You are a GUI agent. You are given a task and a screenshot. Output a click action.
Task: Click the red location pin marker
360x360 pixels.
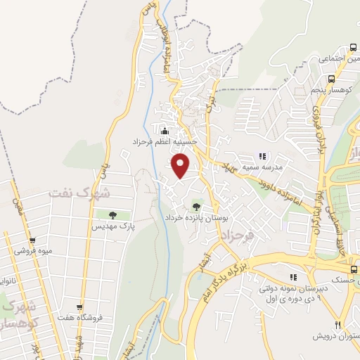pos(181,165)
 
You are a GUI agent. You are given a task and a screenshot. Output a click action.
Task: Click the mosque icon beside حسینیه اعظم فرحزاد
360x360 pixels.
pos(165,131)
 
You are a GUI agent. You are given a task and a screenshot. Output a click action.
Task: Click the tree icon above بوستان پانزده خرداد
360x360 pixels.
pos(195,206)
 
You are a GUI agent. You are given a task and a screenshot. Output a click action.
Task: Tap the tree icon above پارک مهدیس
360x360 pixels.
pos(112,214)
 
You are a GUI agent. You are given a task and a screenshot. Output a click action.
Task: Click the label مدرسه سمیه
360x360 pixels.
pos(263,167)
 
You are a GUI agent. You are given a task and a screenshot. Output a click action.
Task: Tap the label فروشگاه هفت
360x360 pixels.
pos(82,318)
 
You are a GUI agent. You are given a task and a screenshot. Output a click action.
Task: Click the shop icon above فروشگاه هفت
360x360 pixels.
pos(81,307)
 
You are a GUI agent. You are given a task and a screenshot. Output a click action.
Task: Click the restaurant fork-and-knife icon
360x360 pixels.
pos(337,324)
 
